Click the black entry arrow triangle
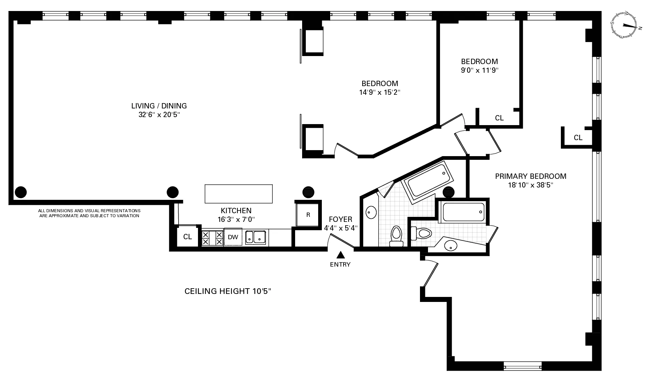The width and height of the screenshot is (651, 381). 340,255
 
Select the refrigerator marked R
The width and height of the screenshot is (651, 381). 308,215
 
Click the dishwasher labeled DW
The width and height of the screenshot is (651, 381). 233,237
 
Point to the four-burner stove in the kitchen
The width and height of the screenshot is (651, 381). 212,238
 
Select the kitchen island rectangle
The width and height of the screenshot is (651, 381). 238,194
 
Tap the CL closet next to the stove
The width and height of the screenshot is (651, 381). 188,237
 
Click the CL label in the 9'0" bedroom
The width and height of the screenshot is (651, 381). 499,118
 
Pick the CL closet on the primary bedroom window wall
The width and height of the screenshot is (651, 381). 578,137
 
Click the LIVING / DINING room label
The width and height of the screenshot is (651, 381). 159,106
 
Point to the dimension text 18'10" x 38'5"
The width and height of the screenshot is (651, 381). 530,185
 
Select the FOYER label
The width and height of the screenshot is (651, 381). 340,219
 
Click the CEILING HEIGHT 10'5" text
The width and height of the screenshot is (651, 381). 228,291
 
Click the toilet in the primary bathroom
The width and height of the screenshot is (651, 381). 421,233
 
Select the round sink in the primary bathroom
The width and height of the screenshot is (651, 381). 451,246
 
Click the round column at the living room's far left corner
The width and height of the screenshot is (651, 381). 21,192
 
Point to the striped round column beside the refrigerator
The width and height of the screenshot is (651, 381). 308,192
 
